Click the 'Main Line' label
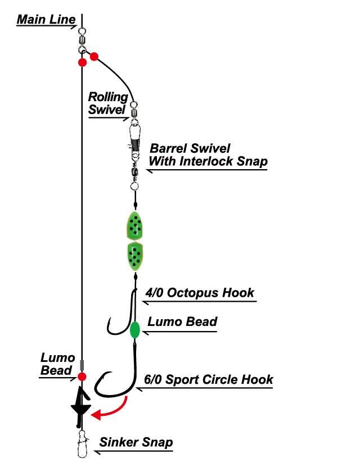[46, 20]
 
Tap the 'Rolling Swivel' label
[108, 103]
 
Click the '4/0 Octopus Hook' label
[199, 293]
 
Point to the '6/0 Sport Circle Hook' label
[208, 379]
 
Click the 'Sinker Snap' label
[136, 442]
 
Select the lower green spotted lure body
[134, 256]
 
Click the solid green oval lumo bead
[135, 330]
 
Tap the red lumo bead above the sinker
[82, 376]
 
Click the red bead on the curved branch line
[94, 56]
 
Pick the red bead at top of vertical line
[82, 61]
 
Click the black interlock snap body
[134, 135]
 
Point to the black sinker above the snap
[82, 406]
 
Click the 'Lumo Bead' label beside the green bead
[182, 322]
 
